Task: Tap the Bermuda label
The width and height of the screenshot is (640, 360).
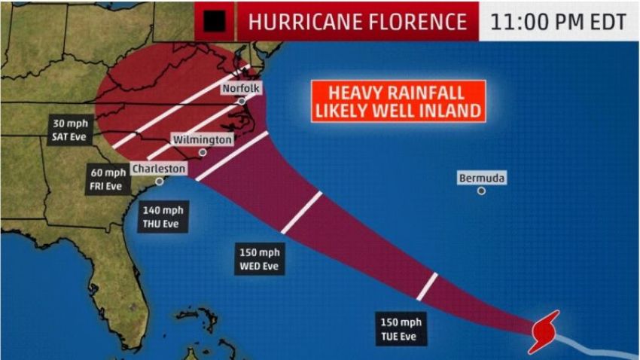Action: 481,178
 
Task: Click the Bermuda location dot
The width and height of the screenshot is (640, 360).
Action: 481,191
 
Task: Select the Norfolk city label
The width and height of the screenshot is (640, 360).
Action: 241,89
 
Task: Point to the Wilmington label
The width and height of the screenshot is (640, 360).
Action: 203,140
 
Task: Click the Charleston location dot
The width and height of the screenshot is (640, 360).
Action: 160,182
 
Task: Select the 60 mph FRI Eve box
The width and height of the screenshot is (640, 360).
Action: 107,179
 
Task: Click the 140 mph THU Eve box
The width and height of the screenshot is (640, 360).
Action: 163,217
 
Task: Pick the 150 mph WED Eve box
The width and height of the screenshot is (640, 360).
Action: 260,258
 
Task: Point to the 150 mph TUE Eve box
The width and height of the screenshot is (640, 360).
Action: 398,329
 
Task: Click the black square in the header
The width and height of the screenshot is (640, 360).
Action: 215,22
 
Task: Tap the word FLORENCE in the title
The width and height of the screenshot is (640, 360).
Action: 421,22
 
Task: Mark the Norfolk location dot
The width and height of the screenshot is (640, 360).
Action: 242,101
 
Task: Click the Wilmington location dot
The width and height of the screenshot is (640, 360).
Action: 203,152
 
